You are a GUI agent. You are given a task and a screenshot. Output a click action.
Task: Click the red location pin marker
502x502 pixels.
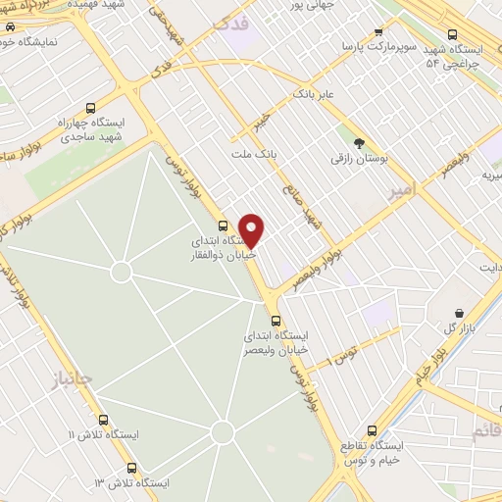pyautogui.click(x=252, y=229)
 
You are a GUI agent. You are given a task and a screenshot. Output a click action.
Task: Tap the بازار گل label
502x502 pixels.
pyautogui.click(x=451, y=325)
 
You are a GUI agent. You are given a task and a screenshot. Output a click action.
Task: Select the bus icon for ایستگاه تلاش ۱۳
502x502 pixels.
pyautogui.click(x=131, y=468)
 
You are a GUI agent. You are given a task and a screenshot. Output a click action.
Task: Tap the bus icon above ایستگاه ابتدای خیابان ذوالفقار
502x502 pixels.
pyautogui.click(x=224, y=226)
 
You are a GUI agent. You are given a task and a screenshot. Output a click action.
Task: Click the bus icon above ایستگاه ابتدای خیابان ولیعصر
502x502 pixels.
pyautogui.click(x=275, y=320)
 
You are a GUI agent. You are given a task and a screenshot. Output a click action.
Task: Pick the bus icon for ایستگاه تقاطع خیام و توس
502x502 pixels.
pyautogui.click(x=372, y=429)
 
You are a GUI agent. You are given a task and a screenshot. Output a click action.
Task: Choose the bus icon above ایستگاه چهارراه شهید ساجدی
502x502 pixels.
pyautogui.click(x=91, y=109)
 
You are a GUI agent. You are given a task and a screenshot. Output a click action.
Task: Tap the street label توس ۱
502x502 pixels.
pyautogui.click(x=341, y=354)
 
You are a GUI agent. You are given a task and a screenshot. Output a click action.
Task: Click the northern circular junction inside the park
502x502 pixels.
pyautogui.click(x=122, y=272)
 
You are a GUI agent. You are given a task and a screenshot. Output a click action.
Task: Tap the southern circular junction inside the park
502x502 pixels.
pyautogui.click(x=223, y=431)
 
